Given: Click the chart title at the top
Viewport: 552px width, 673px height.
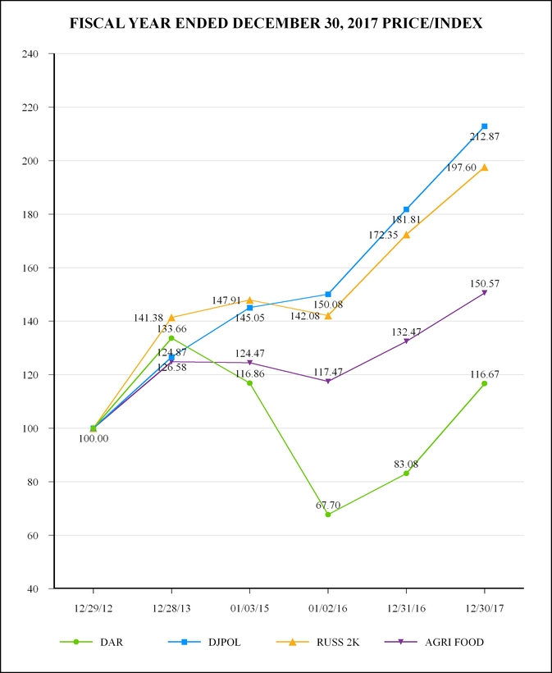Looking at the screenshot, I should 276,24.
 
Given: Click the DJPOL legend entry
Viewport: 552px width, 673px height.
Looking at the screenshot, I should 205,642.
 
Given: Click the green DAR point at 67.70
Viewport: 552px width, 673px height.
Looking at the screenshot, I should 328,515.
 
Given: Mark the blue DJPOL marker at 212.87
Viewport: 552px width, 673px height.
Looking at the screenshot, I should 485,126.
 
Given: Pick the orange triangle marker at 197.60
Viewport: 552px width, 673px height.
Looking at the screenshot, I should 485,167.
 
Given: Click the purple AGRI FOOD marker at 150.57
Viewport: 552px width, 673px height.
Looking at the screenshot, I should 485,293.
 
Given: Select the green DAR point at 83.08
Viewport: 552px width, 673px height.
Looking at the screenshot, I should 406,474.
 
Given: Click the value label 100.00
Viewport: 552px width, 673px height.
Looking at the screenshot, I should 93,438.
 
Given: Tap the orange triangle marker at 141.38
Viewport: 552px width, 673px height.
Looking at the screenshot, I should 171,318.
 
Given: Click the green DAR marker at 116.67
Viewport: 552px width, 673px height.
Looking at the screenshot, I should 485,383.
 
